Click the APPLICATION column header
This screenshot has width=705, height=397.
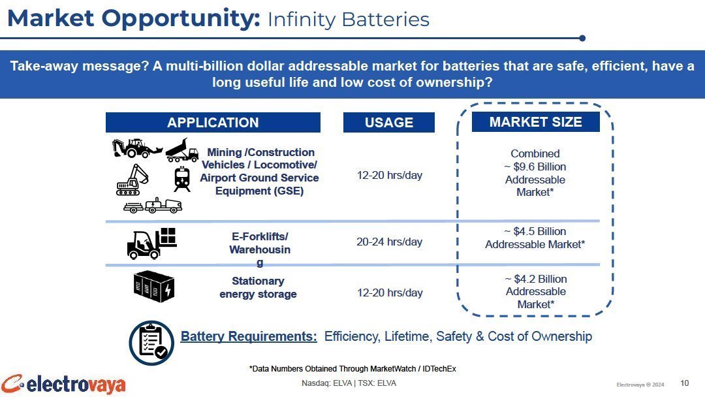213,122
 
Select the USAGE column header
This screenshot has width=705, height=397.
389,122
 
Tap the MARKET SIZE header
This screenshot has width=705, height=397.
535,122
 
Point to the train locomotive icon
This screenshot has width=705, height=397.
182,179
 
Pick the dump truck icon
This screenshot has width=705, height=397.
182,150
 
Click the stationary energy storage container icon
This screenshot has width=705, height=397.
154,286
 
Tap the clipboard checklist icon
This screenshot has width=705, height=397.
151,343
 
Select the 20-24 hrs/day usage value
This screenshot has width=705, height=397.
389,242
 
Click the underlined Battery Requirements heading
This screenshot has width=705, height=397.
249,336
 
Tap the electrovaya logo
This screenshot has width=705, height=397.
63,385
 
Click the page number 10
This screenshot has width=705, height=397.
684,383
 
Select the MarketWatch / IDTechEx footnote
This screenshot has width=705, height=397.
352,369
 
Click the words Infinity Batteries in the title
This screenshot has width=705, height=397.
349,20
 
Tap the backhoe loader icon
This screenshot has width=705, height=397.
136,148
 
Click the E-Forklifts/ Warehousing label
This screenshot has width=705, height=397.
260,249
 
